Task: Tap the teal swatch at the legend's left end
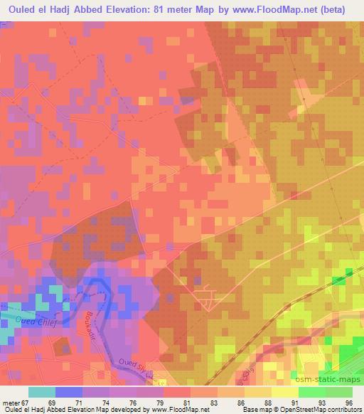coord(41,392)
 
